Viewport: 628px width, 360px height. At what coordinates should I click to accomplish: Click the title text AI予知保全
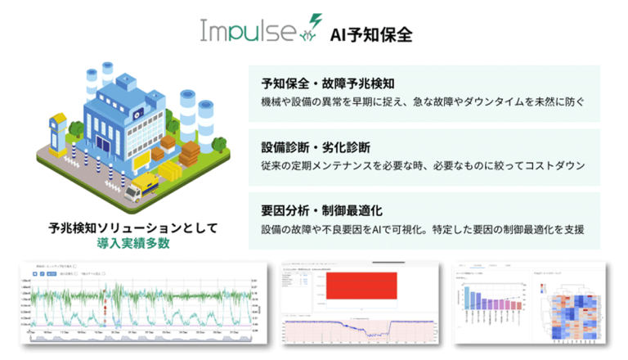click(370, 34)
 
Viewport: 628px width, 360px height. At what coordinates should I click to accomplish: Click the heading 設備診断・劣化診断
click(316, 147)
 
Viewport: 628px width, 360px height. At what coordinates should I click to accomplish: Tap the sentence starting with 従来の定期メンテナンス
click(423, 167)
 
